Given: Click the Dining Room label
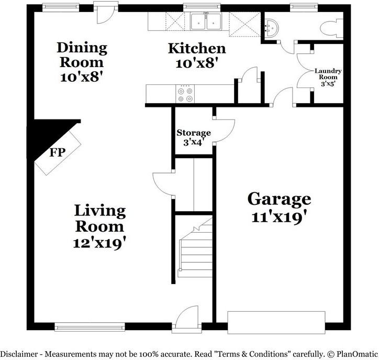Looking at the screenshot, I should tap(82, 54).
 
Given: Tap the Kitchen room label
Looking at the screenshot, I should tap(197, 49).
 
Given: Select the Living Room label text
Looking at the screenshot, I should tap(100, 219).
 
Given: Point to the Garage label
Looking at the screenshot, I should tap(279, 199).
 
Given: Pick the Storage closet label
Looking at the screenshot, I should tap(194, 133).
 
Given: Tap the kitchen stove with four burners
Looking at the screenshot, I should tap(185, 94).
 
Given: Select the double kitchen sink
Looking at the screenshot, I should tap(205, 23).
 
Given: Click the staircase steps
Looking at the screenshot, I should tap(195, 252).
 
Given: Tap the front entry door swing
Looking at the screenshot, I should tap(187, 319).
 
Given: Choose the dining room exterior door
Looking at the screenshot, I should tap(103, 14).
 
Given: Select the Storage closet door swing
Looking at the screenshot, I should tap(221, 129).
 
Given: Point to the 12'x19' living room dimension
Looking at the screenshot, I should tap(99, 243).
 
